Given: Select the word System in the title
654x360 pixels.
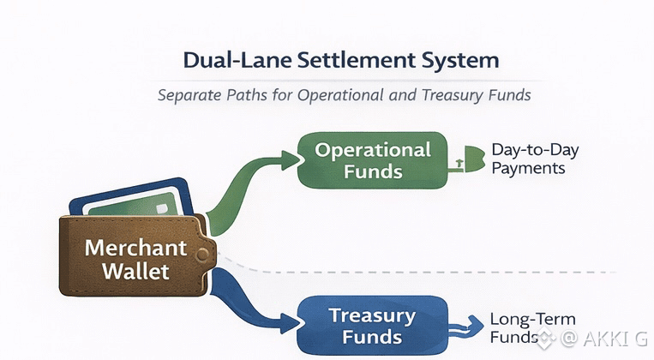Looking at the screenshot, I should click(456, 61).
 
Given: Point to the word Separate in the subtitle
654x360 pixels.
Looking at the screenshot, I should click(192, 95).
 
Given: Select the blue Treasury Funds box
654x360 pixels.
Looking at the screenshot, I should click(373, 325).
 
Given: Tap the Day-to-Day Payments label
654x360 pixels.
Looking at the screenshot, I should click(535, 159).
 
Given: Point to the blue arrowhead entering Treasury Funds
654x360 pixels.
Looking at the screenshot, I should click(290, 325).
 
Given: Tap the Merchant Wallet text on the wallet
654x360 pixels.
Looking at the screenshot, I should click(135, 260).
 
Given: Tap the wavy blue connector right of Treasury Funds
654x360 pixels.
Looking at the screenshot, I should click(467, 326).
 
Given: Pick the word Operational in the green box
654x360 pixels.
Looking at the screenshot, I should click(373, 149).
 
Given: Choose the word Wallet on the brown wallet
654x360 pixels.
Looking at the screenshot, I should click(135, 272).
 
